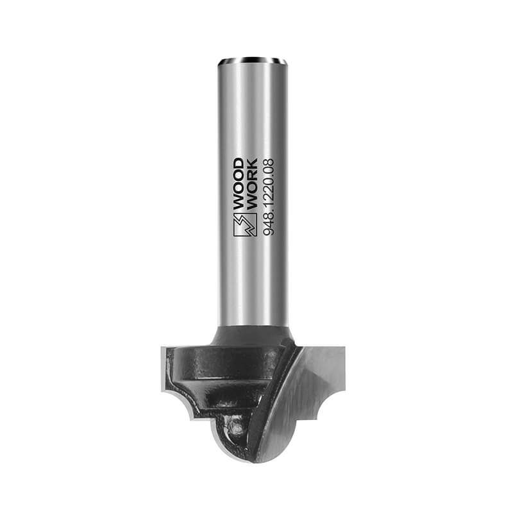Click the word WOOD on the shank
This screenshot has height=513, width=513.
coord(239,184)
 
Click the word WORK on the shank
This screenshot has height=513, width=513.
coord(251,184)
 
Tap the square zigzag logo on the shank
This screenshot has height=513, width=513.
coord(245,225)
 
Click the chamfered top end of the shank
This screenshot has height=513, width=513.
coord(253,60)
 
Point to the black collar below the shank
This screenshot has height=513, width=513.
coord(251,335)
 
